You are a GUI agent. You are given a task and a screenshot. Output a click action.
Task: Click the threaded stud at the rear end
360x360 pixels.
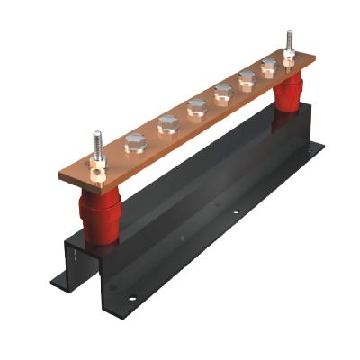click(290, 44)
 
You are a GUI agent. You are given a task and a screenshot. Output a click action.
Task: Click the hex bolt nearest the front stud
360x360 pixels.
click(132, 141)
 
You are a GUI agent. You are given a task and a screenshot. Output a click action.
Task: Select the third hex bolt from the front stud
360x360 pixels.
click(196, 108)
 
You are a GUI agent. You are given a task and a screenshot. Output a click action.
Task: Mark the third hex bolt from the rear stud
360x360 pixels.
click(222, 92)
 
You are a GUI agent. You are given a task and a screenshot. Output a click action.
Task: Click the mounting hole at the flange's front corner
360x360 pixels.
click(136, 294)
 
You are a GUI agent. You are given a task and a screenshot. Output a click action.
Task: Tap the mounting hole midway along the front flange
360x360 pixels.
click(235, 213)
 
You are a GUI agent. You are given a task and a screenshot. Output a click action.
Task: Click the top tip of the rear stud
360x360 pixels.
click(290, 33)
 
